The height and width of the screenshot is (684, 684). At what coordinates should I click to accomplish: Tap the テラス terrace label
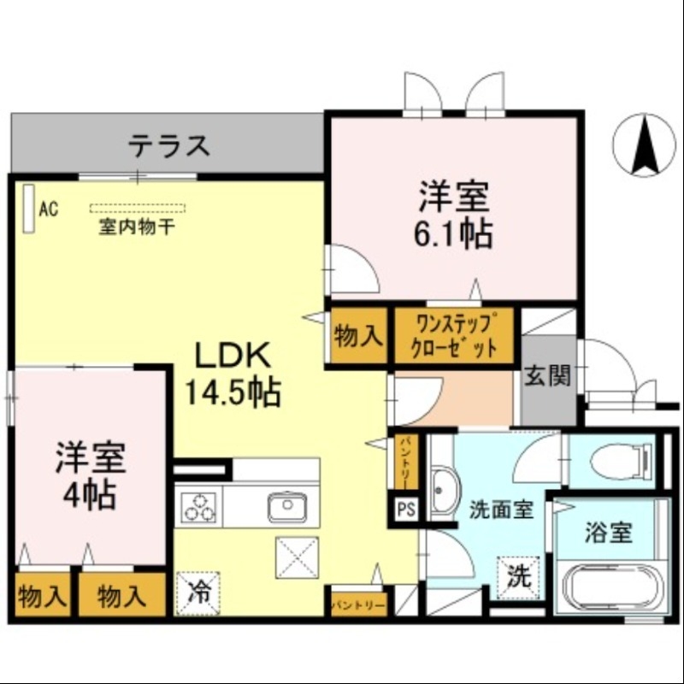pos(169,145)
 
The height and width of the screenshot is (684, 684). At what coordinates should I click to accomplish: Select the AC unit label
pos(48,208)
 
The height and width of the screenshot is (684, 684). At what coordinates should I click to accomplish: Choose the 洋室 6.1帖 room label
pos(454,214)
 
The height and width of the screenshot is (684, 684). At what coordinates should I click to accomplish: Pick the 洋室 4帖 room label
pos(91,475)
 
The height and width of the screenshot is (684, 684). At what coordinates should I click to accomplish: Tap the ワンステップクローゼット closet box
pos(454,336)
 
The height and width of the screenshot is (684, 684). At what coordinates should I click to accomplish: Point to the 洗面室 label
pos(501,510)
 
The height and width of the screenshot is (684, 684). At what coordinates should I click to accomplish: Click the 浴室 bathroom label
pos(608,533)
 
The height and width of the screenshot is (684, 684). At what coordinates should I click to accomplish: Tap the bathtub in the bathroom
pos(609,587)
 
